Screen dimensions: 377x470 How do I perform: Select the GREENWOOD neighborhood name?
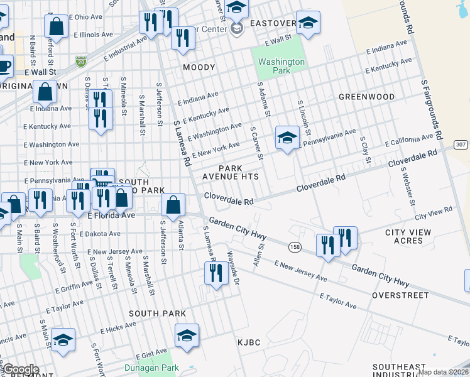[366, 97]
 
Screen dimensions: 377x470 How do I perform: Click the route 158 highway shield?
[295, 247]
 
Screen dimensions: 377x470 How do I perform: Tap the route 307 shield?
[461, 145]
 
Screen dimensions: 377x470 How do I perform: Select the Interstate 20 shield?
[80, 61]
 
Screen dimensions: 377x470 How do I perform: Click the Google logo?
[21, 369]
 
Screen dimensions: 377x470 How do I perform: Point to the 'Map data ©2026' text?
[444, 372]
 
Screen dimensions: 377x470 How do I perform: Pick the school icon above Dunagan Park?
[187, 336]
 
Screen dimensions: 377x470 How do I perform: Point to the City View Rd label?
[434, 213]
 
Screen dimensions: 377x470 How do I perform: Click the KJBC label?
[248, 342]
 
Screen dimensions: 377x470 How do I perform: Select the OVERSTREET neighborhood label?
[400, 295]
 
